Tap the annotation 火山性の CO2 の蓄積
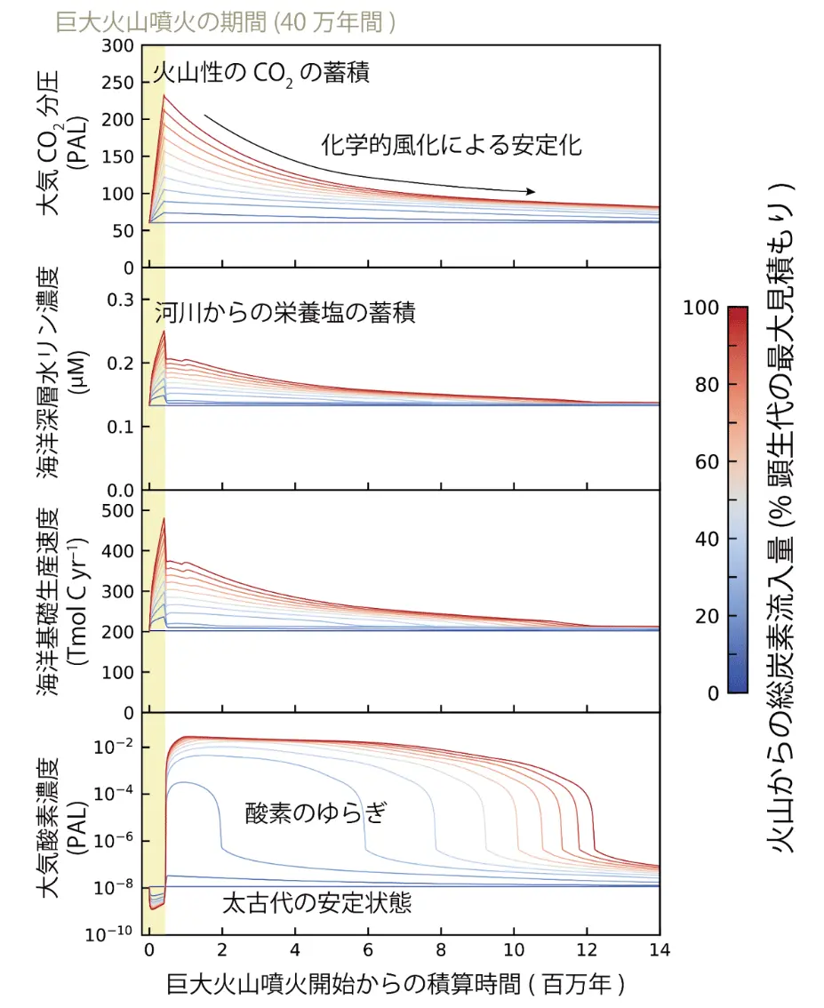pos(261,74)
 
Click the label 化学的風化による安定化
pos(452,145)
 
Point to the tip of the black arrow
pos(535,191)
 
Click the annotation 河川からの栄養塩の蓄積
pos(285,313)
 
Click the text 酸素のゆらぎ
pos(316,812)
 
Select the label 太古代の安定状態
pos(317,903)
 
